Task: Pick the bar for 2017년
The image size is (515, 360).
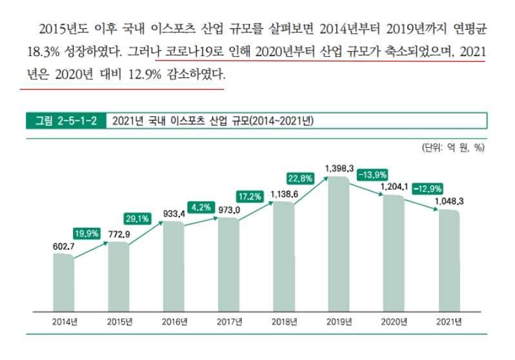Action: [228, 265]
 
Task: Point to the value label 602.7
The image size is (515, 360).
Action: [63, 246]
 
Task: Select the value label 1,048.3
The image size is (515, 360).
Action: [449, 201]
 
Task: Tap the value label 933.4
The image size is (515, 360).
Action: [174, 213]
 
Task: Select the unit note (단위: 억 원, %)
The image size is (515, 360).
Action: [452, 147]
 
